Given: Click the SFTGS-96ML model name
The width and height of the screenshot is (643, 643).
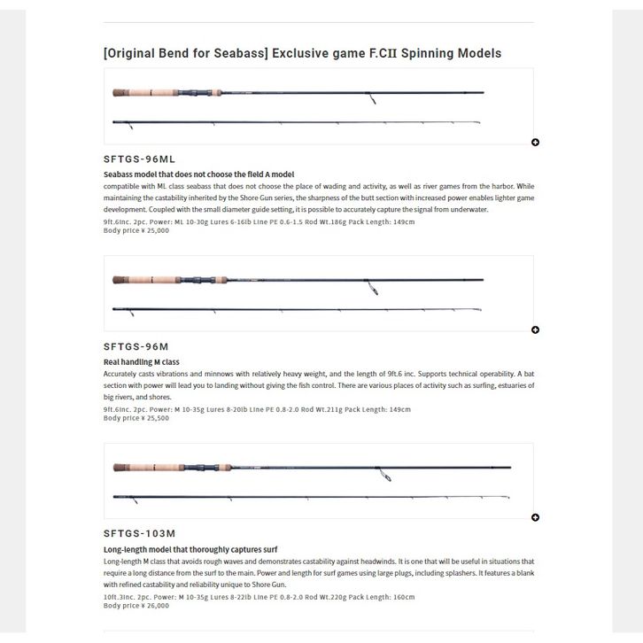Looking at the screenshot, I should [x=139, y=159].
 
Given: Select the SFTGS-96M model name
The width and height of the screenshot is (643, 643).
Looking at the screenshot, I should [x=136, y=347].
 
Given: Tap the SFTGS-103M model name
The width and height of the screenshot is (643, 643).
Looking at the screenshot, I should [x=139, y=534].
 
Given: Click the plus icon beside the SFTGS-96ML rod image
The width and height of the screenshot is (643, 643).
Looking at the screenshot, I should [x=535, y=143].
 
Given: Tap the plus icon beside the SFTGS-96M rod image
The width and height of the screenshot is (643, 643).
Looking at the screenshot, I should [x=535, y=330].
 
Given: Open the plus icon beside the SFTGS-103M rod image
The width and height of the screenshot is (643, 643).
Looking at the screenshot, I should [x=535, y=518].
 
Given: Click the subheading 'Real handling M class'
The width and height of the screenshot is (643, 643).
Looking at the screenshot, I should [x=142, y=362].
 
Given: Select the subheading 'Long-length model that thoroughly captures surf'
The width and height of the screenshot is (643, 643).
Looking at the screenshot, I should [x=190, y=550].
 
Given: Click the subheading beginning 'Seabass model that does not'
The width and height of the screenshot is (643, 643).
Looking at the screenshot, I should [x=198, y=174].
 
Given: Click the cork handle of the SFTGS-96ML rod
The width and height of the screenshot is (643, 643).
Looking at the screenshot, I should [x=133, y=92].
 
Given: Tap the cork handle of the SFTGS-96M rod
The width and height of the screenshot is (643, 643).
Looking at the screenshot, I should [x=133, y=280].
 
